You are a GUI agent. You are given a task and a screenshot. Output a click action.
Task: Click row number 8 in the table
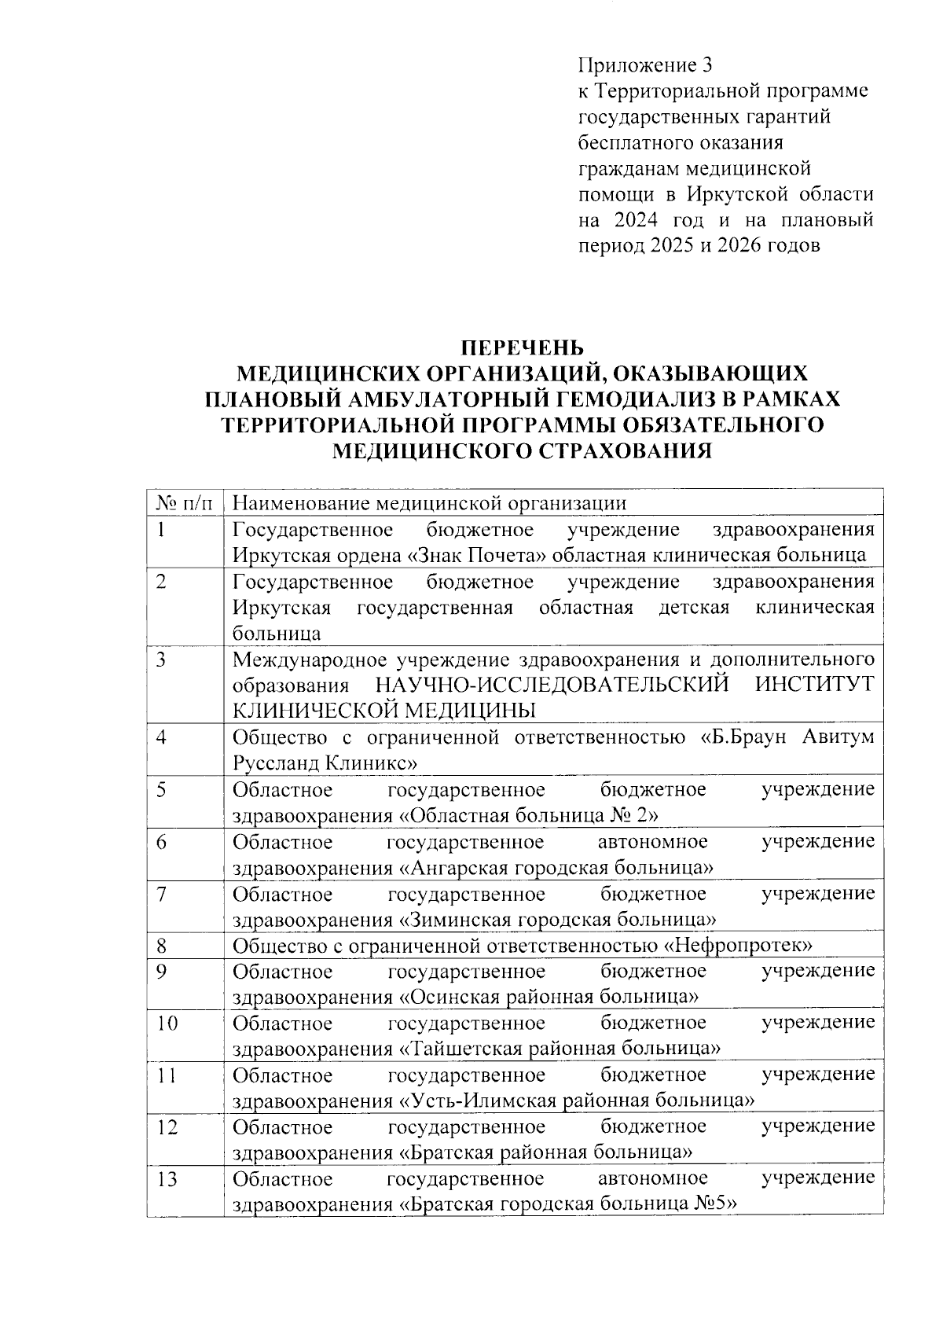(x=161, y=946)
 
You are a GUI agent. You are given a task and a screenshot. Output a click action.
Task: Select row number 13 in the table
(x=167, y=1179)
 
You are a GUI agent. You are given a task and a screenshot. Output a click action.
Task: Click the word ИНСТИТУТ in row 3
(x=814, y=685)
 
